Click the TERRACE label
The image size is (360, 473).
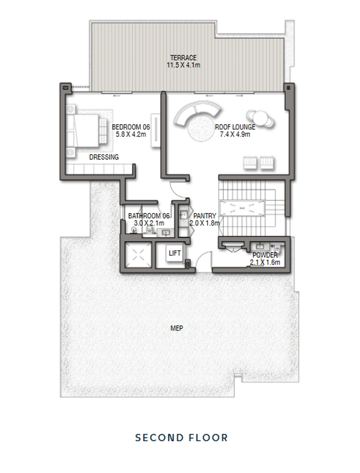pos(183,58)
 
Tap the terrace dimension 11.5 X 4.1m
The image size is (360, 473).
pos(183,65)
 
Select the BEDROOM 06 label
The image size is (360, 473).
pos(131,127)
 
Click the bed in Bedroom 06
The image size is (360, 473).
pos(86,131)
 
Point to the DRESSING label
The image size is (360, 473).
pos(104,157)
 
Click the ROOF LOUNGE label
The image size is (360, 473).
pos(235,127)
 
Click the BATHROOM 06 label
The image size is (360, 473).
pos(149,216)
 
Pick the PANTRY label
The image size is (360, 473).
pos(204,216)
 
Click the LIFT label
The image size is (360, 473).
pos(175,253)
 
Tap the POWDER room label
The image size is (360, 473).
pos(265,255)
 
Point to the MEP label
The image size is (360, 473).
pos(177,328)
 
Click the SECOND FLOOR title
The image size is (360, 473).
pos(181,438)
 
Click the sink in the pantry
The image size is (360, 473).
pos(184,214)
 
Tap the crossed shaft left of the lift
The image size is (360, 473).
pos(138,255)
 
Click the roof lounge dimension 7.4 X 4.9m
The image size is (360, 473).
pos(235,134)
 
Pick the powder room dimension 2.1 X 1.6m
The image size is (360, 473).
pos(265,262)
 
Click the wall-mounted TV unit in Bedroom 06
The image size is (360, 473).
pos(156,130)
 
